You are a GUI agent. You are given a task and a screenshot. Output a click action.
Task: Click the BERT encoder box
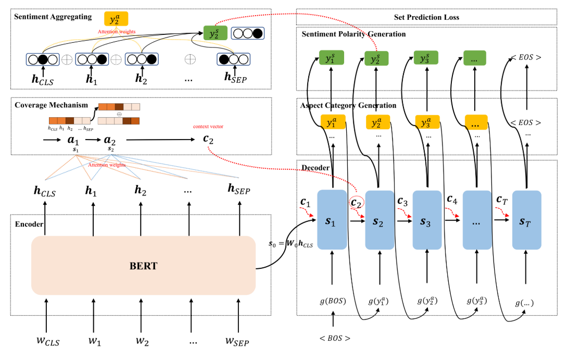point(143,265)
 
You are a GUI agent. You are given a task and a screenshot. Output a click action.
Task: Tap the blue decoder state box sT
point(526,220)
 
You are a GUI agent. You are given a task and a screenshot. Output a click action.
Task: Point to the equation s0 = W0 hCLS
point(291,243)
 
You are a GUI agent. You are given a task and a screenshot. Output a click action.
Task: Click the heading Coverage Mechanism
point(51,105)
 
